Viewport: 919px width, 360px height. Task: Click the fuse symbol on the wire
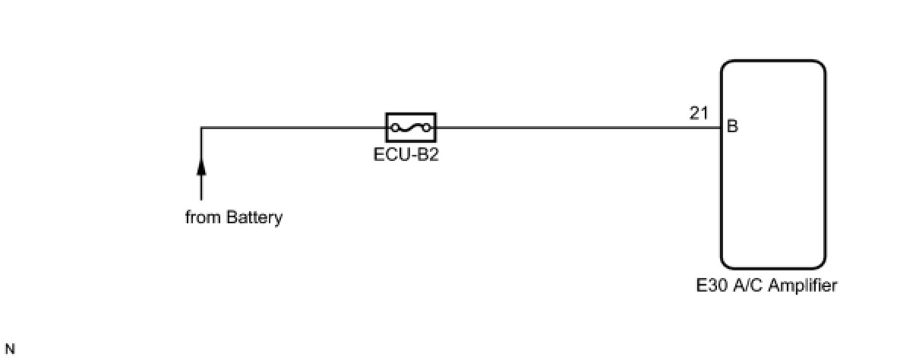click(x=411, y=128)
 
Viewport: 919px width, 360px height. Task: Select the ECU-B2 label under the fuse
click(x=411, y=155)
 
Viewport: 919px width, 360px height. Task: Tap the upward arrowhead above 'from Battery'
click(x=201, y=166)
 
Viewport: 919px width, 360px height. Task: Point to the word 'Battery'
click(x=254, y=218)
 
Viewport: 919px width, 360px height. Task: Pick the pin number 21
click(x=699, y=113)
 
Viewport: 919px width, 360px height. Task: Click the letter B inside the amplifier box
click(x=732, y=127)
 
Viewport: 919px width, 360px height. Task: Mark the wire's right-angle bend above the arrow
click(x=201, y=128)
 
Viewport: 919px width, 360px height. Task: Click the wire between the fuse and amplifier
click(x=577, y=128)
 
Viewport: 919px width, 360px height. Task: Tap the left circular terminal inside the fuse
click(x=395, y=128)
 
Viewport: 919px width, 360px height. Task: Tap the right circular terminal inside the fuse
click(x=427, y=128)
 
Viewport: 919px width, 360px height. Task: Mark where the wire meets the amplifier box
click(x=721, y=128)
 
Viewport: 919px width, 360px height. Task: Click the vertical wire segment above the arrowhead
click(x=201, y=144)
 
